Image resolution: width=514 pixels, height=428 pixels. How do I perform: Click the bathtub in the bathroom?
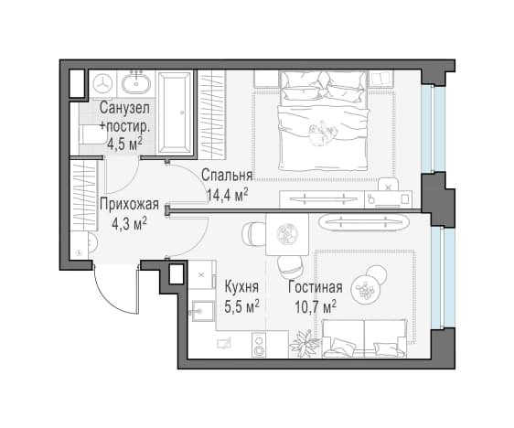click(174, 112)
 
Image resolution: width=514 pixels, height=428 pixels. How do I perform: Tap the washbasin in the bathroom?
click(136, 83)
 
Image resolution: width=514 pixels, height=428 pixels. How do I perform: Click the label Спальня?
click(227, 176)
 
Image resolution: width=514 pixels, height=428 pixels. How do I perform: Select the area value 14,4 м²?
click(227, 195)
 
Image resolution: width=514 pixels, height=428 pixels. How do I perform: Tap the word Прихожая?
click(130, 205)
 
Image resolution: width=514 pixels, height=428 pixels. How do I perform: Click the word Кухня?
click(241, 287)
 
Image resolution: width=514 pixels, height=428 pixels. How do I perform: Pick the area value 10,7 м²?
click(316, 306)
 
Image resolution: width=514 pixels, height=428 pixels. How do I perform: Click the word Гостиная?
click(316, 287)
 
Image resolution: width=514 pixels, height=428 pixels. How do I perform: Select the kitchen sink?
click(202, 310)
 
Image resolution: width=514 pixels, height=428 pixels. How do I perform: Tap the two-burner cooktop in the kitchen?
click(260, 345)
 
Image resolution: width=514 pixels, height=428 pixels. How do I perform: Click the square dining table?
click(287, 234)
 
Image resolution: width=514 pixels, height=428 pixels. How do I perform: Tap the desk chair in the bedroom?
click(389, 185)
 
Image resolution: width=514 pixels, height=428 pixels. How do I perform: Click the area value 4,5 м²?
click(125, 144)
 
